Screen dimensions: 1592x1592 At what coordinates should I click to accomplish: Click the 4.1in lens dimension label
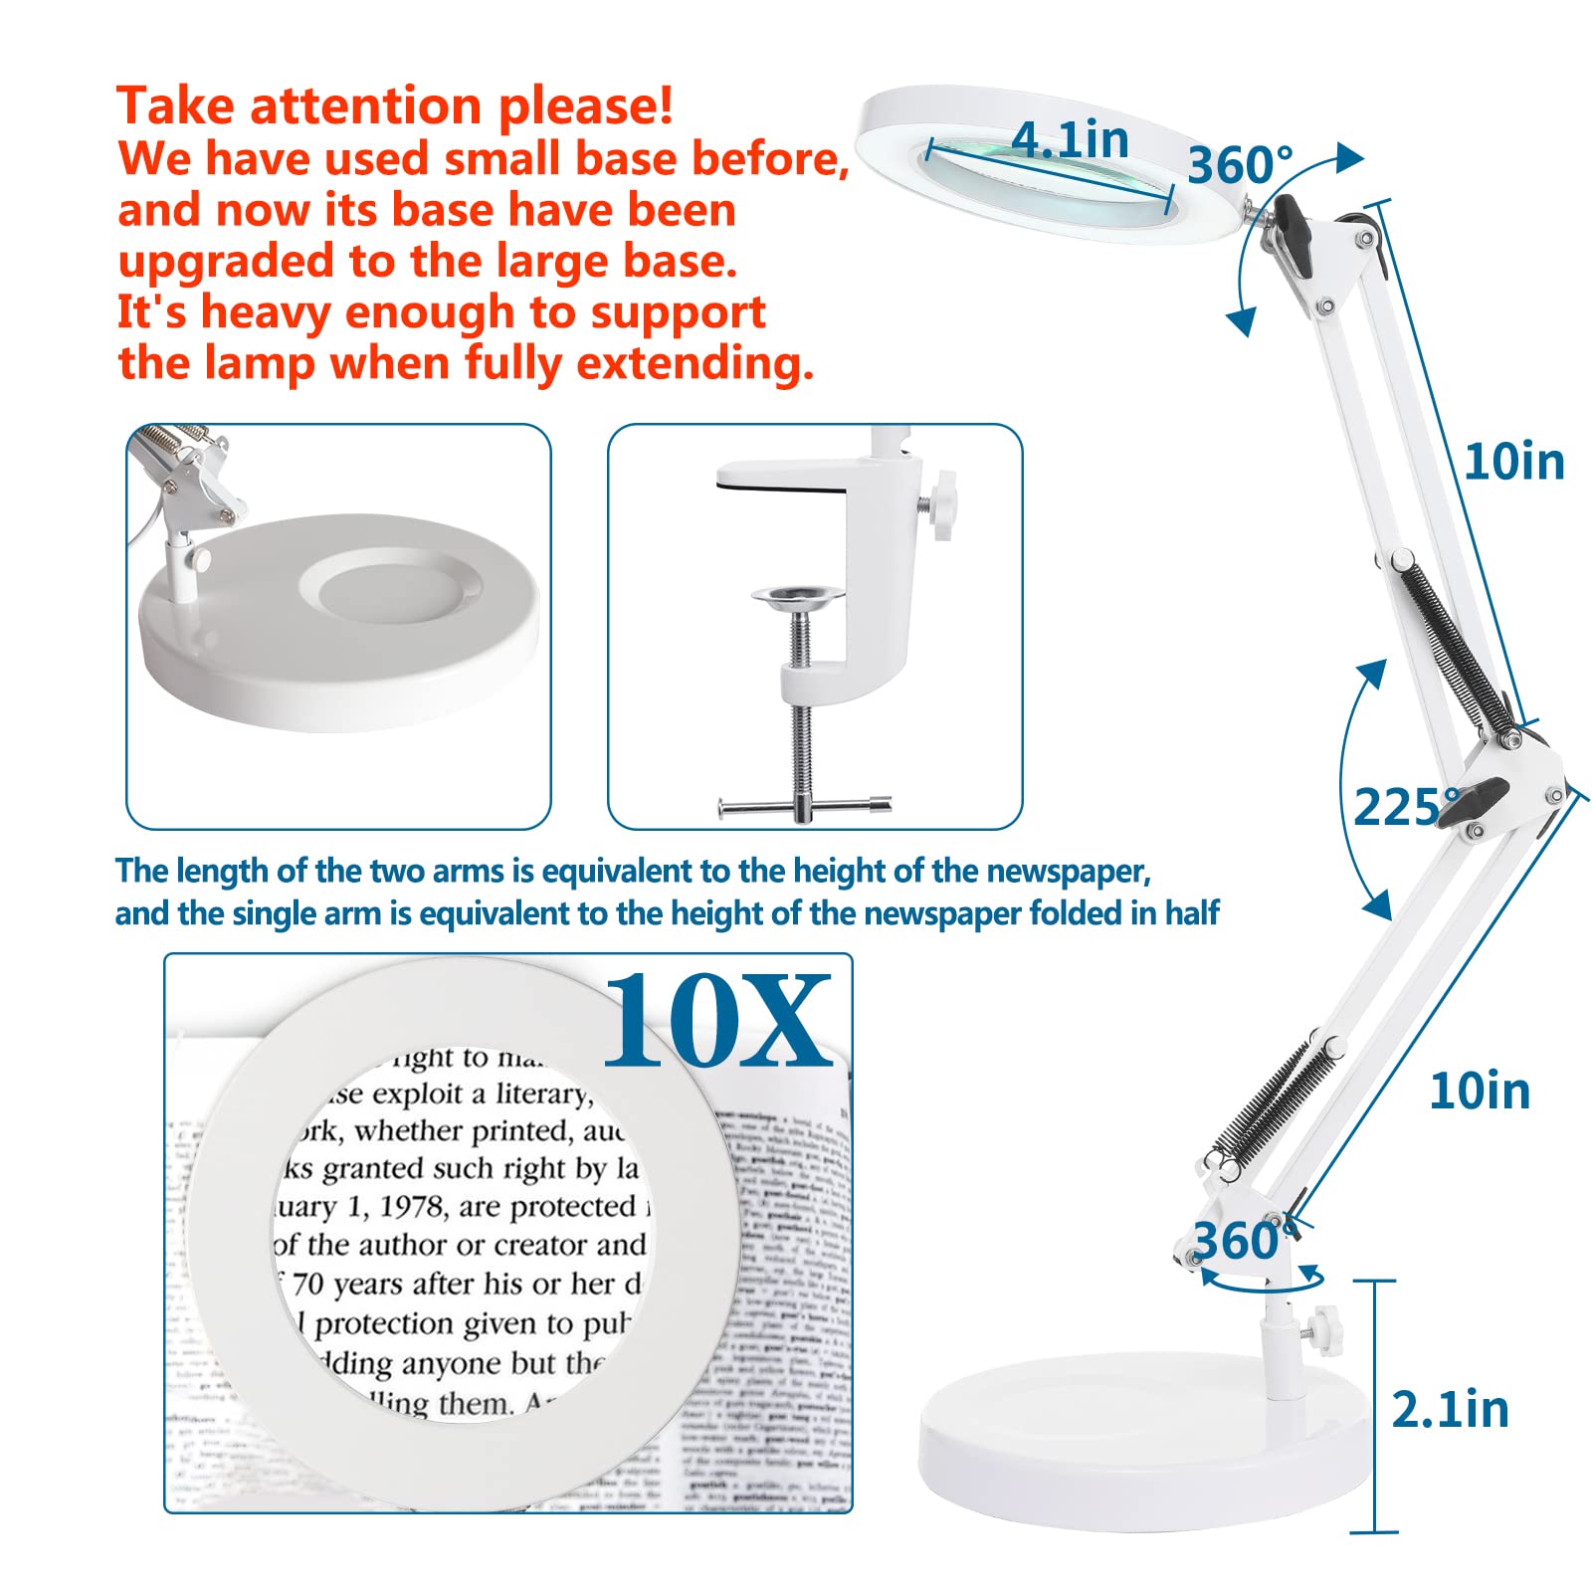point(1070,139)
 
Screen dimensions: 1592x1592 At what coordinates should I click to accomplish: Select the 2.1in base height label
point(1449,1409)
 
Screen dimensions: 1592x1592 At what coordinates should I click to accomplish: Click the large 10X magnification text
point(716,1022)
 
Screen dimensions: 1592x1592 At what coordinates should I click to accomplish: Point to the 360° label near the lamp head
point(1240,165)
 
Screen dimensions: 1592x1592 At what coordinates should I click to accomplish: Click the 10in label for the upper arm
point(1513,463)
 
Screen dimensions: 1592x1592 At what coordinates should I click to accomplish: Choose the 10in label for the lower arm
point(1479,1092)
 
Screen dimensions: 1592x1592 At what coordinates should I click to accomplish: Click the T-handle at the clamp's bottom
point(804,807)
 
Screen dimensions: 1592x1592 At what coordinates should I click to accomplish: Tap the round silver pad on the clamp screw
point(796,597)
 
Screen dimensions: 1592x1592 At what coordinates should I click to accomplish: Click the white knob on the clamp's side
point(940,506)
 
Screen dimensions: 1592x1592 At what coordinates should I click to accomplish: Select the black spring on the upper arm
point(1458,644)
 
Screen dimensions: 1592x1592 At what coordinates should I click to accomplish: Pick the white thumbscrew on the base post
point(1321,1324)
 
